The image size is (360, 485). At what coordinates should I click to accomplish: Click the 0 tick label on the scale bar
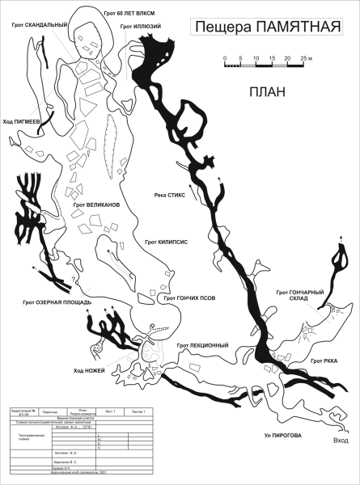point(226,59)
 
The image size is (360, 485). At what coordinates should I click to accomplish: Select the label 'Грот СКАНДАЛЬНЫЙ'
point(40,24)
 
